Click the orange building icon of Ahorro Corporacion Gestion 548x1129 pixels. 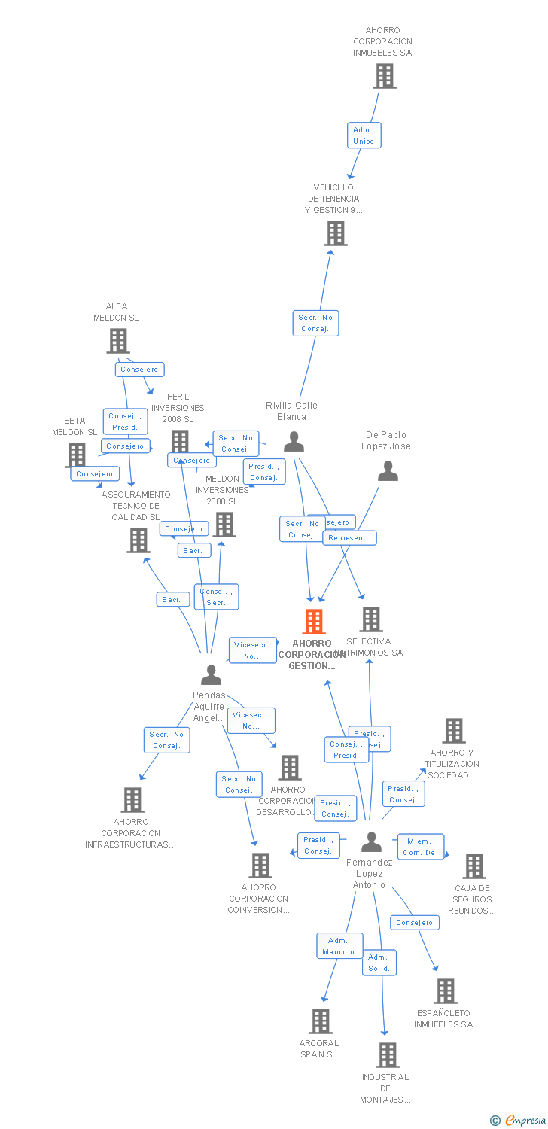click(314, 622)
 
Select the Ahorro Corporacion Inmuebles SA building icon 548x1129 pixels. click(385, 76)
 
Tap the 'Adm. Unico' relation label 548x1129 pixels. click(364, 135)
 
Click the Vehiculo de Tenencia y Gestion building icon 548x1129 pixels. click(336, 233)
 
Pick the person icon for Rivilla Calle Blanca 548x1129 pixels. click(294, 442)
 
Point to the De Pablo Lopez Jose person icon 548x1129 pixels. click(388, 471)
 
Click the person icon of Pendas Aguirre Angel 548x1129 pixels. click(211, 675)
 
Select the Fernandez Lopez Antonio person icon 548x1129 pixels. click(371, 842)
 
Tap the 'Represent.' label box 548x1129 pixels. click(349, 538)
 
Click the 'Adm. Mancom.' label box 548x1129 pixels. click(339, 946)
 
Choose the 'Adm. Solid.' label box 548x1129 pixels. click(379, 963)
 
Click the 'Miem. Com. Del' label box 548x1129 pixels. click(421, 847)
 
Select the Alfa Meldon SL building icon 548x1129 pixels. click(118, 341)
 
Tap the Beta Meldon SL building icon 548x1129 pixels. click(76, 454)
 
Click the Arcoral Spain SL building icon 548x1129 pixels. click(321, 1021)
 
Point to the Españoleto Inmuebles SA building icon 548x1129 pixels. click(446, 991)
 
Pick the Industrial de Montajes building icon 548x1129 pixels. click(387, 1055)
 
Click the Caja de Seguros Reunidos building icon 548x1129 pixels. click(474, 866)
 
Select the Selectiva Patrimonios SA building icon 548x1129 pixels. click(370, 619)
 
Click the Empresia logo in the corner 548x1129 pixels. click(519, 1121)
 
